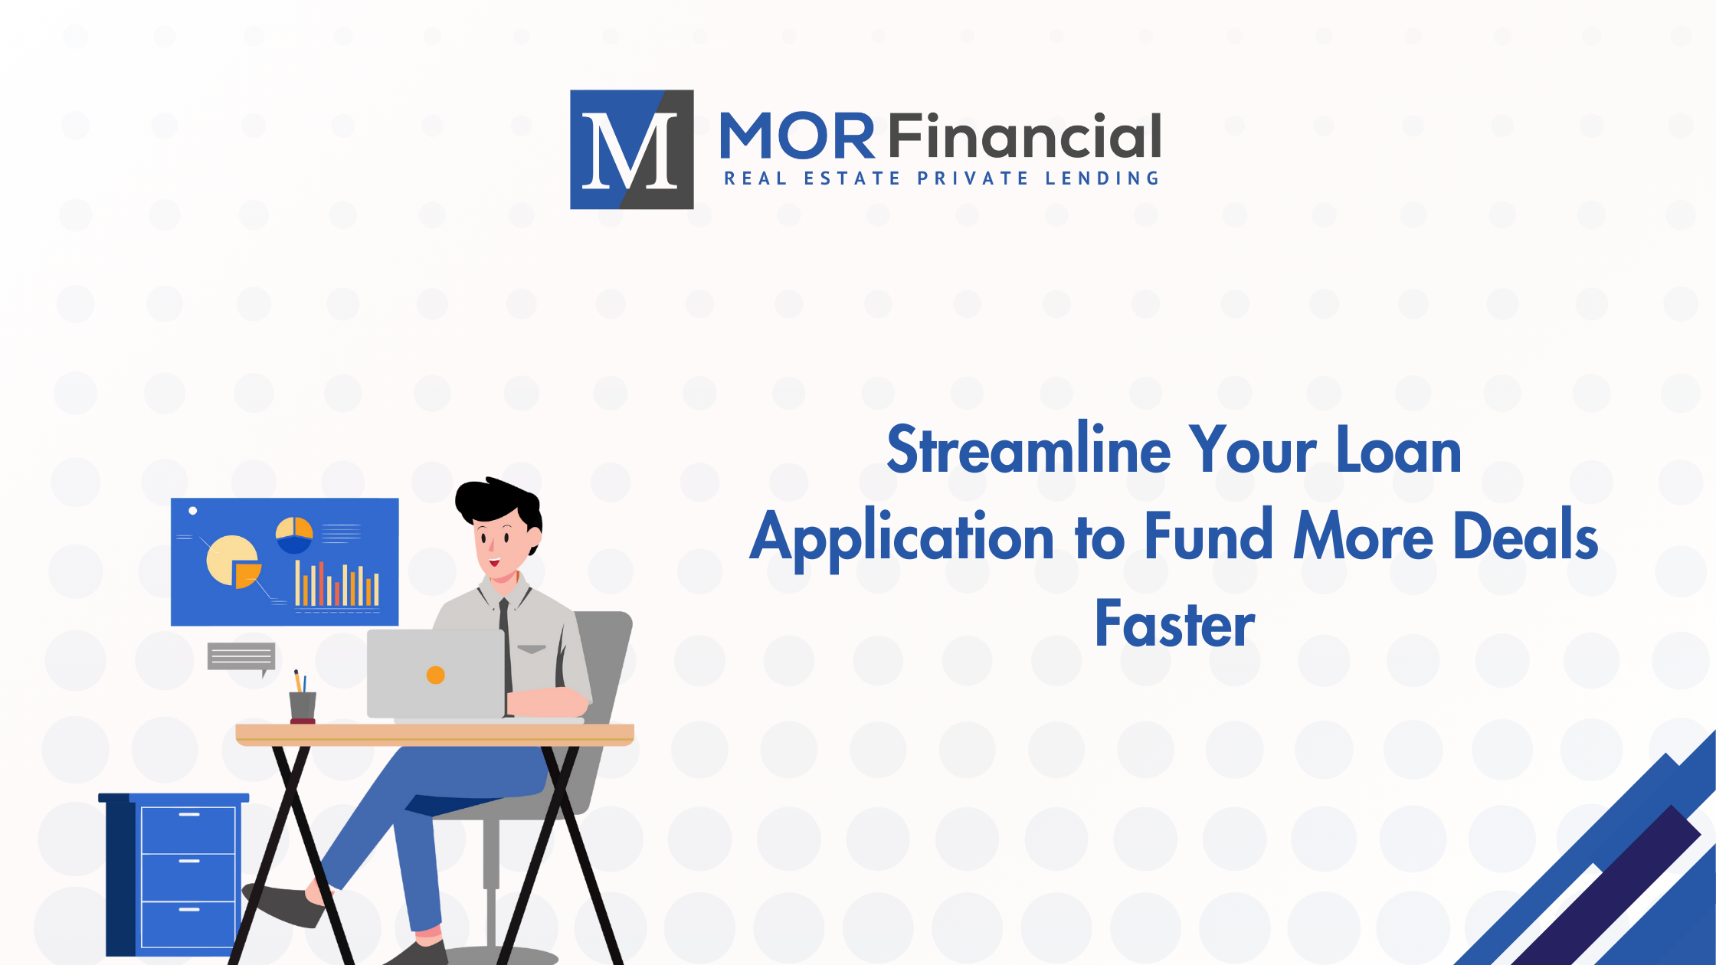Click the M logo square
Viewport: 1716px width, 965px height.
(631, 149)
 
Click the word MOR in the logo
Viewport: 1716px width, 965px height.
(797, 137)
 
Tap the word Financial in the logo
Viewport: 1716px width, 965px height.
(1025, 137)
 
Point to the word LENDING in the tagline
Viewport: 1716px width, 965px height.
(1102, 178)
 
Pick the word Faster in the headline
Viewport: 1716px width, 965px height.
(1174, 624)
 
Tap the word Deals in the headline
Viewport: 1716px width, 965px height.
(1524, 537)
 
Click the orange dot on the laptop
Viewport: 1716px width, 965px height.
(435, 675)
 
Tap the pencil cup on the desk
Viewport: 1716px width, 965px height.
(303, 705)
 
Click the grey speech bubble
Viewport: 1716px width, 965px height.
(241, 656)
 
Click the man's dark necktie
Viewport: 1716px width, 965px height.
(505, 643)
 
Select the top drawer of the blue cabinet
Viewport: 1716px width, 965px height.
(188, 829)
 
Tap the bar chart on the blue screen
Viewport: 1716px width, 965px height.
(337, 585)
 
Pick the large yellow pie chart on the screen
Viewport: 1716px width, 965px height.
(230, 559)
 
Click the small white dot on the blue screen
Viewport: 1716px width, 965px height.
(193, 510)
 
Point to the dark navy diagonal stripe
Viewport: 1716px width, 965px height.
(1616, 888)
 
